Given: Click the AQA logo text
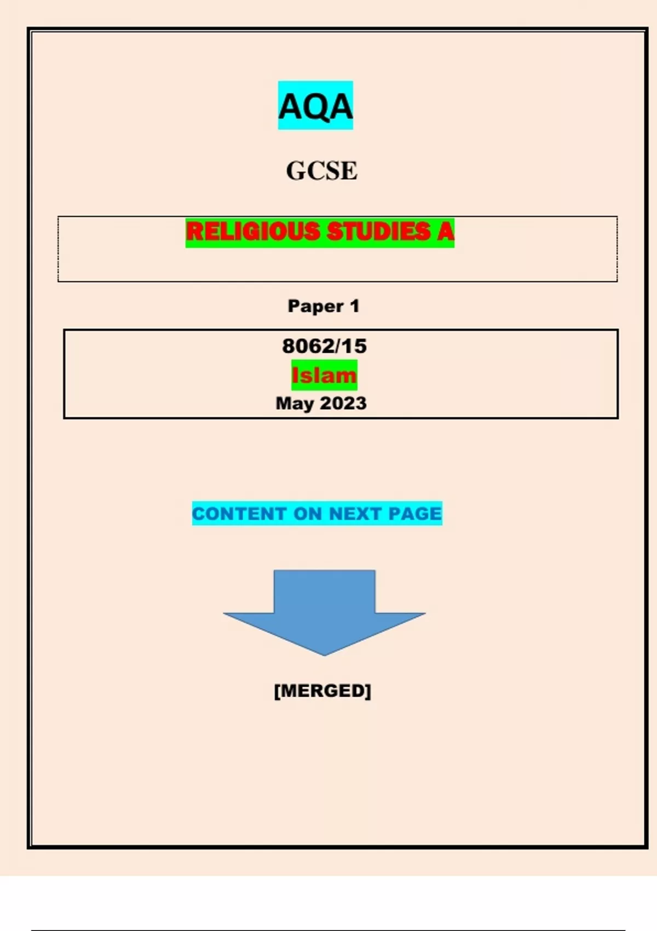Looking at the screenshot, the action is click(315, 106).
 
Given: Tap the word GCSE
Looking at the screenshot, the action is click(321, 171).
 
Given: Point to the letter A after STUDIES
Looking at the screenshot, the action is click(445, 231).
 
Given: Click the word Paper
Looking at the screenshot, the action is click(315, 306).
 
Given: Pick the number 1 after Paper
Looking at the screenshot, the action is click(354, 306).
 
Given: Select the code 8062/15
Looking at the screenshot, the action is click(324, 346).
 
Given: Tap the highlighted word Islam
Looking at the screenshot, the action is click(324, 375).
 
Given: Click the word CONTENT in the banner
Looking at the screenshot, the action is click(239, 514).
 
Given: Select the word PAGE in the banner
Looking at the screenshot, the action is click(414, 514).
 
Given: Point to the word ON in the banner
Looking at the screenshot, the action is click(308, 514).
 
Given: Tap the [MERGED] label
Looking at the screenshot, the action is click(322, 691).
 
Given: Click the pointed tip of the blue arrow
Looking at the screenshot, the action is click(325, 656).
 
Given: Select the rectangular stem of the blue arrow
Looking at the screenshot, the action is click(324, 591).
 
